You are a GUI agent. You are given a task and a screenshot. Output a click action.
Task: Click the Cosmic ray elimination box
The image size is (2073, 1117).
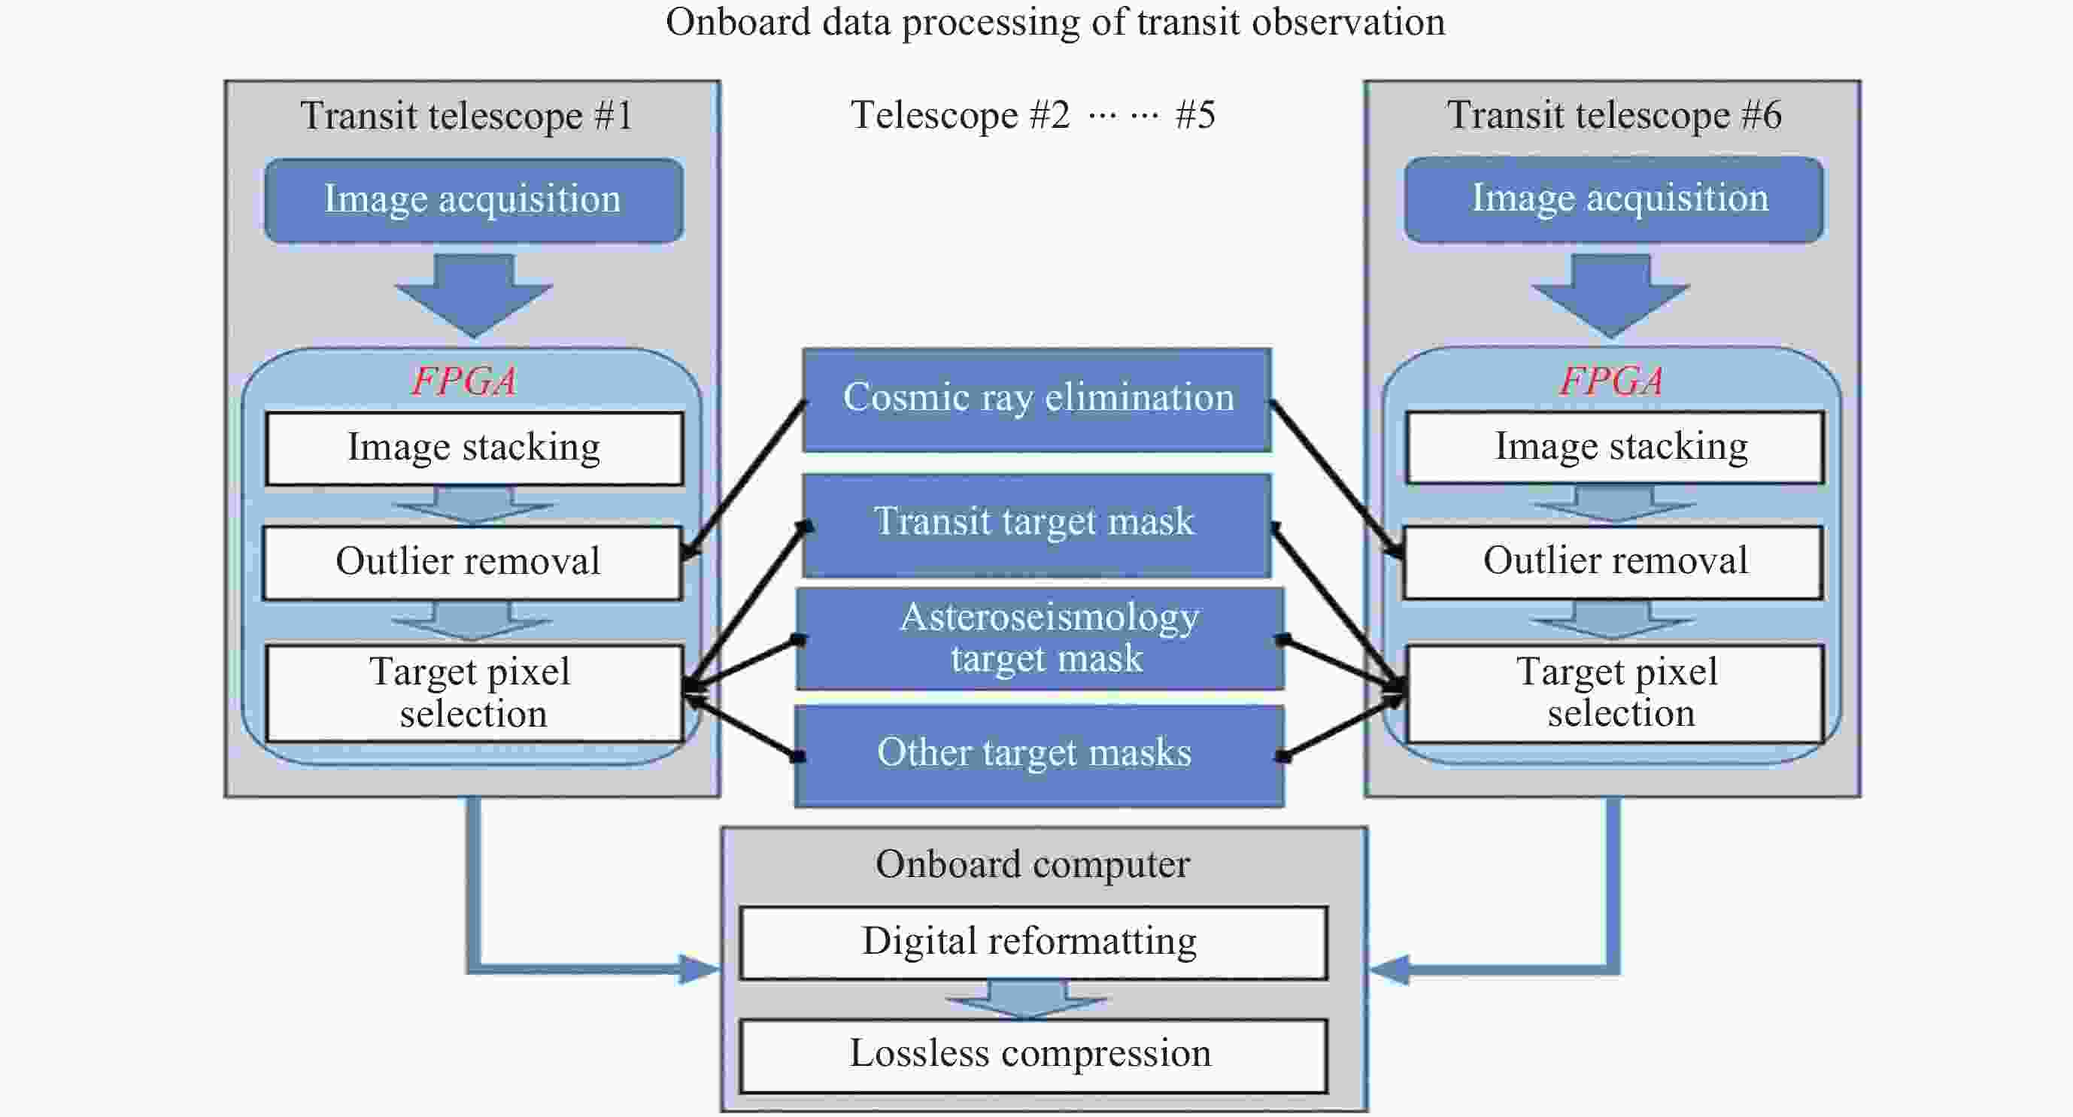click(x=1036, y=399)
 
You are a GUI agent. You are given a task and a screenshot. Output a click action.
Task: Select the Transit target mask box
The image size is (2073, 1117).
click(x=1036, y=523)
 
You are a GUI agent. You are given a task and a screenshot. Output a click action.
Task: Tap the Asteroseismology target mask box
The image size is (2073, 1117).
click(x=1040, y=638)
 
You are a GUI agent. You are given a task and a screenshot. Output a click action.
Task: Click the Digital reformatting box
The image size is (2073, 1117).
click(x=1033, y=942)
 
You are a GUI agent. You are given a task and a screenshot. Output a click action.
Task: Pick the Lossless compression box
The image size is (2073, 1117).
click(x=1033, y=1055)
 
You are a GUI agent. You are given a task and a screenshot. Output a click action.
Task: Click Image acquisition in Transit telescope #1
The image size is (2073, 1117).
click(x=473, y=199)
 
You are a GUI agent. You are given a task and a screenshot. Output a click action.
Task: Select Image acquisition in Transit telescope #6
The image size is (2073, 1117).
click(x=1613, y=199)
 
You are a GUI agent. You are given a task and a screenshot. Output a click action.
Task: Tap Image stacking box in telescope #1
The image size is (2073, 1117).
click(x=474, y=448)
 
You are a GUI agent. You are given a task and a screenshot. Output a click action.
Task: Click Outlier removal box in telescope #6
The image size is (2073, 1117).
click(x=1613, y=562)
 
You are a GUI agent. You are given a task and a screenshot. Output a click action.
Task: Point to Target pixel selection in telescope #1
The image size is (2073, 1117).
click(x=473, y=693)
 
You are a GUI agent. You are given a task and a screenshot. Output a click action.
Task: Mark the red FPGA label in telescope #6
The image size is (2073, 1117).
click(x=1612, y=380)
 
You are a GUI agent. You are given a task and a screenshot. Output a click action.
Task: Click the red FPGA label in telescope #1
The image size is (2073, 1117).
click(x=464, y=380)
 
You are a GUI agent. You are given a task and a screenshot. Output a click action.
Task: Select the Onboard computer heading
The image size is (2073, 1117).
click(x=1033, y=865)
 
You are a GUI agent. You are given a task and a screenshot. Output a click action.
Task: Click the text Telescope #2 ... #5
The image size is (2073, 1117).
click(x=1033, y=115)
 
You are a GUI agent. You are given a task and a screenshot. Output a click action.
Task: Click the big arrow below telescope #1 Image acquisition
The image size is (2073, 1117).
click(x=474, y=295)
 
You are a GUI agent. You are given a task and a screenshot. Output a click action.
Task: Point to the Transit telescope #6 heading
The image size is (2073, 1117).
click(x=1613, y=115)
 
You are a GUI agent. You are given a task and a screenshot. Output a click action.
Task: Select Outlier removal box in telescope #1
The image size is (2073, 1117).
click(x=472, y=563)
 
